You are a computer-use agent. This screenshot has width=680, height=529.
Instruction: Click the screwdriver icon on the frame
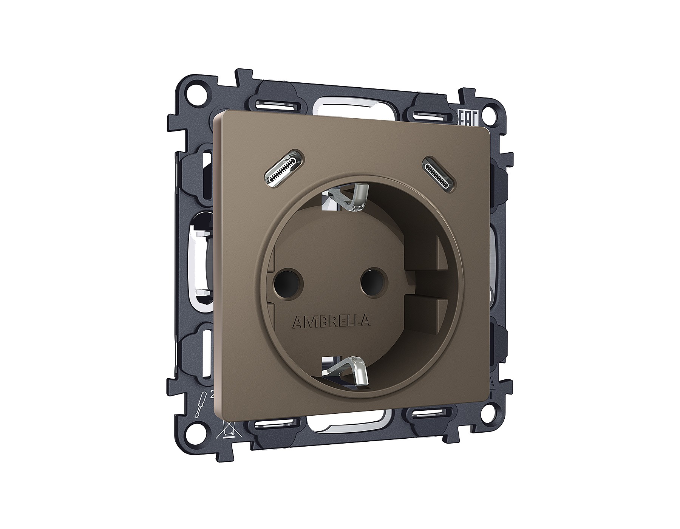(199, 405)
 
